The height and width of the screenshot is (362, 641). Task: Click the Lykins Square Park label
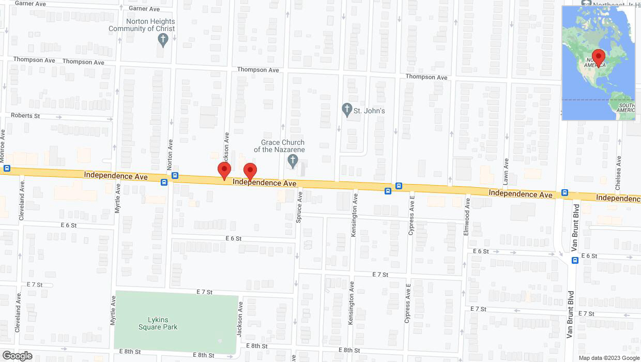[158, 323]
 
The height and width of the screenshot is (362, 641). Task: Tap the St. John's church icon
[347, 110]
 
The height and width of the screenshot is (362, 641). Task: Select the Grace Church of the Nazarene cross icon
[293, 161]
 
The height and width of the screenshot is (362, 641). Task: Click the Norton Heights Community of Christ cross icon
[163, 40]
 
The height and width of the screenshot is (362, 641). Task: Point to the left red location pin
[224, 170]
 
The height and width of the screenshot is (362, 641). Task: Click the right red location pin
[250, 171]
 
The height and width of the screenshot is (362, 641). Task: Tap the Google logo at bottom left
[17, 356]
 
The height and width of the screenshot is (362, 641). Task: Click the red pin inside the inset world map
[599, 57]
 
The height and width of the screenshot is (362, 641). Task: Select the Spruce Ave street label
[299, 207]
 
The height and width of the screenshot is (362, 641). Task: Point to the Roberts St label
[25, 116]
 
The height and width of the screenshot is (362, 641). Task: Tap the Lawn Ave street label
[506, 172]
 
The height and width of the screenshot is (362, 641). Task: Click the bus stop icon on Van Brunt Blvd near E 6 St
[575, 260]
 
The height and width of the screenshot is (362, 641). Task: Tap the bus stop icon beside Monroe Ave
[7, 168]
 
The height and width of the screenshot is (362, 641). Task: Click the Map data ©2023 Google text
[608, 358]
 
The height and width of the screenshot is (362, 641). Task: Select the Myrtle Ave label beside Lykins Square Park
[113, 311]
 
